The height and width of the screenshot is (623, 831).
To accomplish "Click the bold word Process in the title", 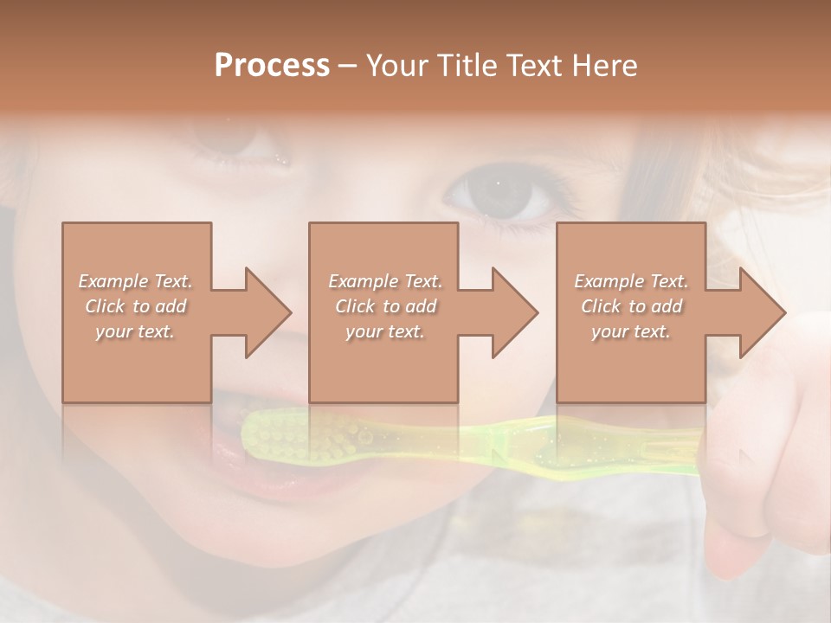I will [x=272, y=66].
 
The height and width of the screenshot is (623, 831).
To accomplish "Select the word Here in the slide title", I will [x=604, y=66].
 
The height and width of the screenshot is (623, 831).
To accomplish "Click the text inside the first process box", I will [x=135, y=306].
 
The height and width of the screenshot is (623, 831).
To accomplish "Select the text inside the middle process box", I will [x=384, y=306].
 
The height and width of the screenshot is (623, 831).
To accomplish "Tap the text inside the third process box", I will [x=631, y=306].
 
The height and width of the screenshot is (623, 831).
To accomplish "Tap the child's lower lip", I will [x=268, y=485].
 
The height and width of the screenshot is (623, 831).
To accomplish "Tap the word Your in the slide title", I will [x=396, y=66].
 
